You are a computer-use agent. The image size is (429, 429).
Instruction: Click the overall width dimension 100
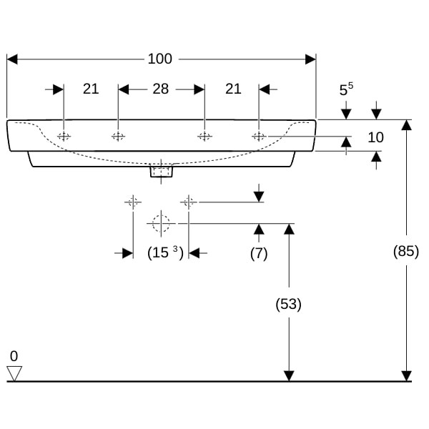159,59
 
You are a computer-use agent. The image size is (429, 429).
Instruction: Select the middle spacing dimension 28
161,89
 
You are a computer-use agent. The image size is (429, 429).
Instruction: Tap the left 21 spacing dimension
91,89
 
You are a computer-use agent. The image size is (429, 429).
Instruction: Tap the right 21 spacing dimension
233,89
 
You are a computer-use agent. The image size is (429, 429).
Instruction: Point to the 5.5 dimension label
346,89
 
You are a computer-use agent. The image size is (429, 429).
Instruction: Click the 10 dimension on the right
375,137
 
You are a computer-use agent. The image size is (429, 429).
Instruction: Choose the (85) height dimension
406,251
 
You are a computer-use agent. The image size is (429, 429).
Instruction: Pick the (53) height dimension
289,304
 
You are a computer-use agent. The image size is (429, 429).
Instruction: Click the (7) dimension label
259,253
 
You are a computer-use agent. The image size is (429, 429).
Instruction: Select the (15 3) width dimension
165,252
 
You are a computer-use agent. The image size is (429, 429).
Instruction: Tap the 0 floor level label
14,356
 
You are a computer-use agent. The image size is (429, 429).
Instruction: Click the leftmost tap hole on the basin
64,136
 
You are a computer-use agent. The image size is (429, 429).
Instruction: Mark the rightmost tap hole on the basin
259,136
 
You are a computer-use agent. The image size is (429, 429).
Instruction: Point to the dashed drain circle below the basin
161,224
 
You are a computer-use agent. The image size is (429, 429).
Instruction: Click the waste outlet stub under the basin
161,171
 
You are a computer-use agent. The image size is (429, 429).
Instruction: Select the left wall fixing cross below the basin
133,202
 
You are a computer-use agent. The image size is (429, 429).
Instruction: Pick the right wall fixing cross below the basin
189,202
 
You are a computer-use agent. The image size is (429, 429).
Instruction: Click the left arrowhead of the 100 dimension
12,59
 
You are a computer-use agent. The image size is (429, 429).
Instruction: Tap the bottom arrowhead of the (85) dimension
406,376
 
